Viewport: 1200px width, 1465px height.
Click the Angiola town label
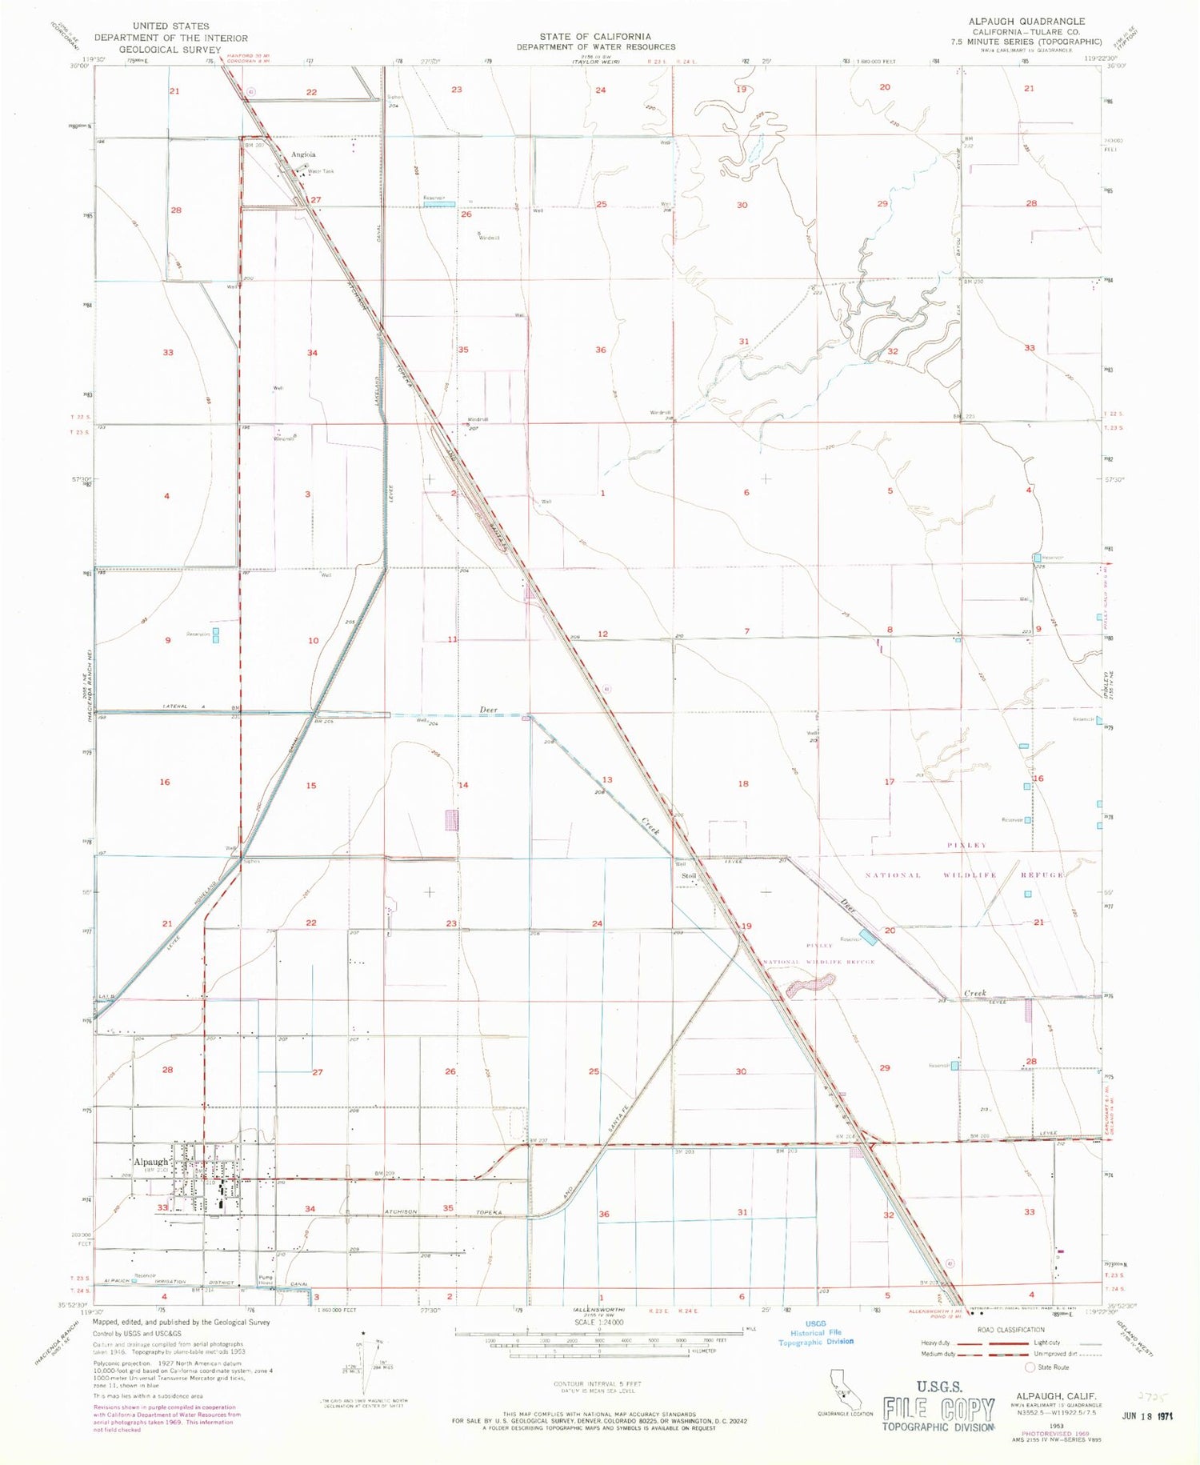tap(303, 154)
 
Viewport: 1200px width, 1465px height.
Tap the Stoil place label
tap(689, 876)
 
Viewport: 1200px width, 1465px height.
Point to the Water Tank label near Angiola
tap(321, 171)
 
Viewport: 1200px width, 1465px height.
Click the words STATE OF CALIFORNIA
tap(594, 36)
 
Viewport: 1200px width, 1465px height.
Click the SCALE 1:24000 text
tap(598, 1323)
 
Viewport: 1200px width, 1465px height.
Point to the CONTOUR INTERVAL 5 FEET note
tap(597, 1383)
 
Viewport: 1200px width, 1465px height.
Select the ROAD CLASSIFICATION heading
tap(1010, 1330)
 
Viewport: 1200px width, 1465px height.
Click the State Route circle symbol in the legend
tap(1030, 1367)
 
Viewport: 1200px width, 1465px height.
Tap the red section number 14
tap(463, 785)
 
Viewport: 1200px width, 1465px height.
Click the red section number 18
tap(743, 783)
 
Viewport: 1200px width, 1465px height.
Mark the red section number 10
tap(313, 640)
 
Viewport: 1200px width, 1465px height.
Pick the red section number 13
tap(607, 779)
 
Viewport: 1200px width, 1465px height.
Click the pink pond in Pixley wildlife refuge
tap(810, 985)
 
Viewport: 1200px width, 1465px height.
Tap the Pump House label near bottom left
tap(266, 1280)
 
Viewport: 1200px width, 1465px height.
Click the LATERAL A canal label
tap(177, 706)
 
